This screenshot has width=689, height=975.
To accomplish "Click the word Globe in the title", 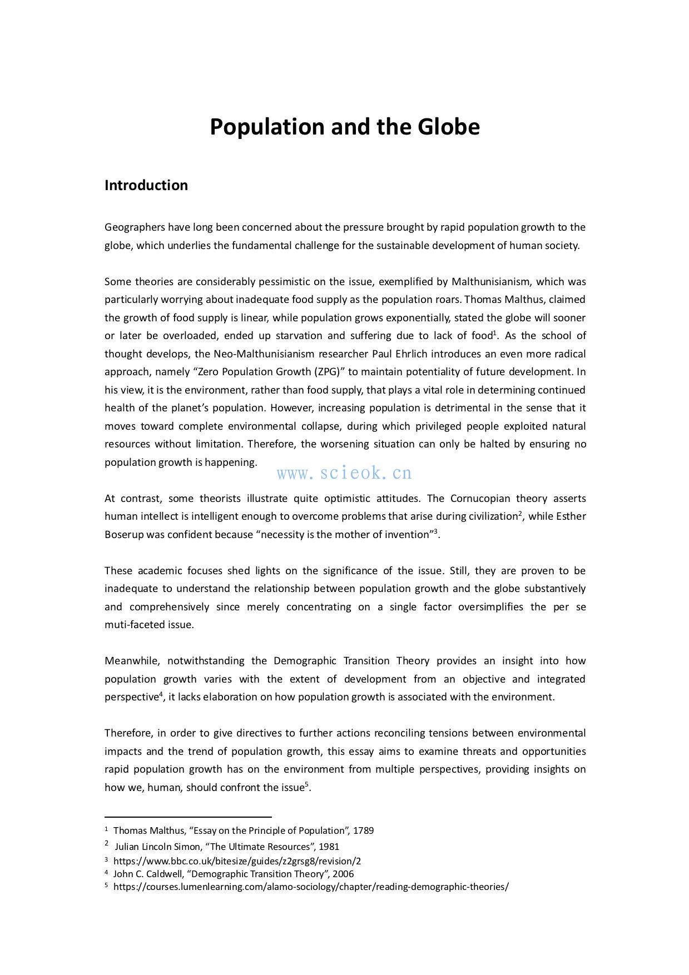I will [x=448, y=127].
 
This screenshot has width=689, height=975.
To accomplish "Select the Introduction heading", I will [x=146, y=185].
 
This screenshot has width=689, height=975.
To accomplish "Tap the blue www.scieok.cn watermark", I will [x=344, y=473].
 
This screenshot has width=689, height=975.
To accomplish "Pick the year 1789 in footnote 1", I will [x=363, y=830].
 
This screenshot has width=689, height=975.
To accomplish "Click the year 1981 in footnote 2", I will [x=329, y=847].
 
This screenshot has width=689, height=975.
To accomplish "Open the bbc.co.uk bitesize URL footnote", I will [x=237, y=861].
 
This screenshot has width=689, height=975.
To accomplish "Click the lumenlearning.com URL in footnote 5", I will [x=311, y=887].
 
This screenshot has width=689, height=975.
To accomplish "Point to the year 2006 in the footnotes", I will [x=343, y=874].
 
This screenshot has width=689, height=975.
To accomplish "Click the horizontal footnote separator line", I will [x=188, y=817].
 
